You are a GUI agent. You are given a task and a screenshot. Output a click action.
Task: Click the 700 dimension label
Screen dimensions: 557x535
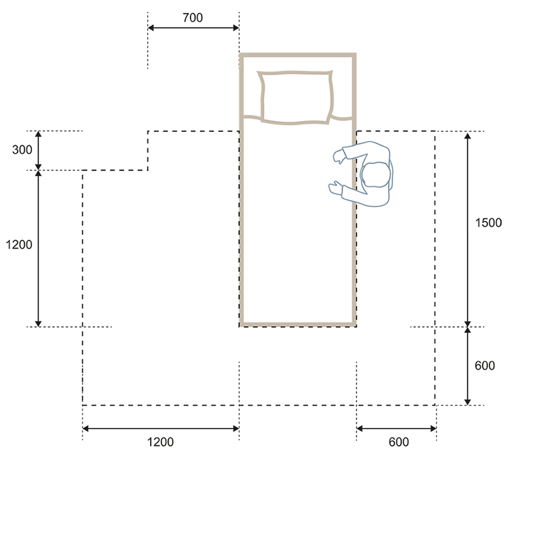point(192,18)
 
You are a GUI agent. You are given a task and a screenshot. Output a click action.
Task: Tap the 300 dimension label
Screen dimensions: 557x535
point(22,149)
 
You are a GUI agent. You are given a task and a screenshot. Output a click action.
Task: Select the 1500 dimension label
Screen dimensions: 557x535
point(489,223)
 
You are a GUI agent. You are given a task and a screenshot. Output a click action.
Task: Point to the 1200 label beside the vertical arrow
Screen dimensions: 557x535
point(19,245)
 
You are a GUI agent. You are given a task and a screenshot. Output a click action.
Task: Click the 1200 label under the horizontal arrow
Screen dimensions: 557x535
point(160,442)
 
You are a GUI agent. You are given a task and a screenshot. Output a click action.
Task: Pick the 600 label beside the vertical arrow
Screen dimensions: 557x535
point(484,366)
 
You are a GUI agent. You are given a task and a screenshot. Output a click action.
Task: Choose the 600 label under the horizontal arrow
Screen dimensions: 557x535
point(399,442)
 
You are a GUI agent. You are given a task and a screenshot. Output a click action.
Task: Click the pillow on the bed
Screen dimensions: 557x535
point(296,97)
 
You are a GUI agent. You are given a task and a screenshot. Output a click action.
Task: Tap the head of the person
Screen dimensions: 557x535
point(376,174)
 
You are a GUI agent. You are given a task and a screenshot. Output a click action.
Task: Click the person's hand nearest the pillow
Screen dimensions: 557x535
point(339,156)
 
